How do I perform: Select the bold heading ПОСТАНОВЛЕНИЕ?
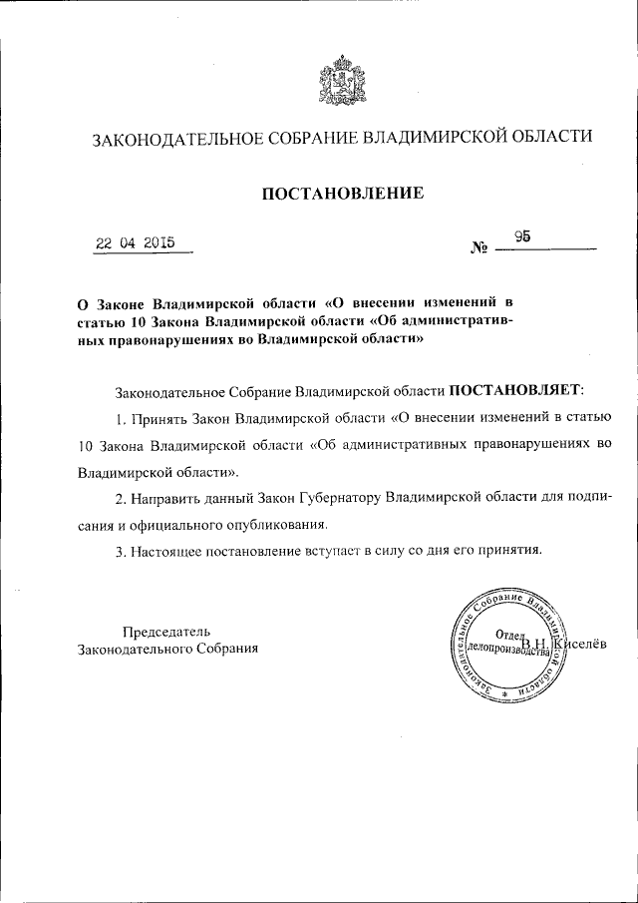tap(342, 193)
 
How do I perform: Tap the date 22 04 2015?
tap(135, 242)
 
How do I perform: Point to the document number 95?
tap(522, 236)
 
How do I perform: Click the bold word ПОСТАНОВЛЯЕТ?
tap(512, 388)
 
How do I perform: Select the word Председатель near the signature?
tap(166, 631)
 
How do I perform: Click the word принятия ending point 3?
tap(508, 550)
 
